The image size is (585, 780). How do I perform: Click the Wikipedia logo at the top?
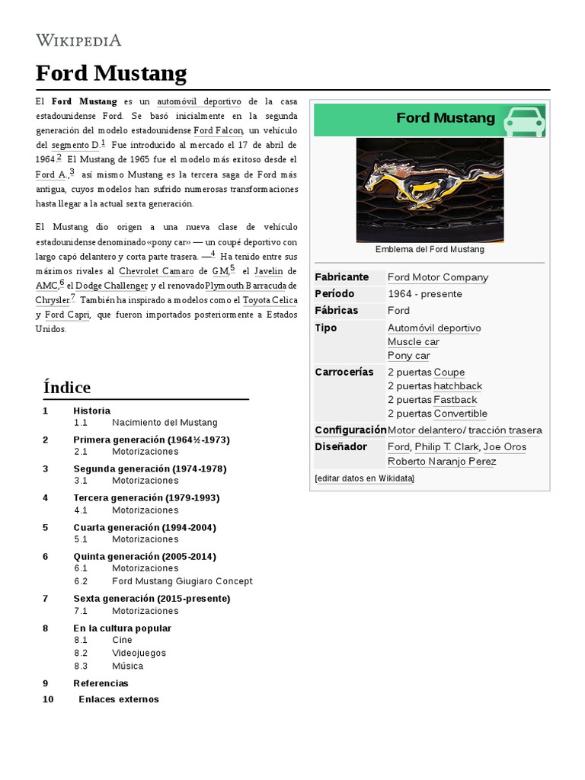coord(78,40)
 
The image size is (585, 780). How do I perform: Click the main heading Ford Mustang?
coord(111,73)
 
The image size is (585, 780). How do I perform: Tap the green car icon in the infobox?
coord(525,120)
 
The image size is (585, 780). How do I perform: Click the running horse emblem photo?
coord(430,190)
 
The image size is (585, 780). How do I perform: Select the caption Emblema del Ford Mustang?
coord(430,250)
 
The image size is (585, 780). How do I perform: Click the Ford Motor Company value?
coord(438,277)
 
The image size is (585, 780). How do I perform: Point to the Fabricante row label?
coord(341,277)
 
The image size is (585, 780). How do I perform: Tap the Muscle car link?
coord(413,342)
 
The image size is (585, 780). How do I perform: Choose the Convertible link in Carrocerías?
coord(460,414)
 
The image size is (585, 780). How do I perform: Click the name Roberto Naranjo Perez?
coord(442,462)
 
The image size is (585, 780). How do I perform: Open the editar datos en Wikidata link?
coord(365,478)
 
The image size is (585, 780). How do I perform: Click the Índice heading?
coord(67,387)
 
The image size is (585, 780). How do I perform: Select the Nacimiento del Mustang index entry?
coord(165,422)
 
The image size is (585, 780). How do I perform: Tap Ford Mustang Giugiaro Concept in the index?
coord(182,581)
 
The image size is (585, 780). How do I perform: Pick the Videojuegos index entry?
coord(139,654)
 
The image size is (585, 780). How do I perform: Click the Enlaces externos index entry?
coord(119,699)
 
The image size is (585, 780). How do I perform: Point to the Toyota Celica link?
coord(270,300)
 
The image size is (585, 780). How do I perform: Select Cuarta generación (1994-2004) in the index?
coord(145,527)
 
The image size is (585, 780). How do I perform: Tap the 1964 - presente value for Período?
coord(425,294)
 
